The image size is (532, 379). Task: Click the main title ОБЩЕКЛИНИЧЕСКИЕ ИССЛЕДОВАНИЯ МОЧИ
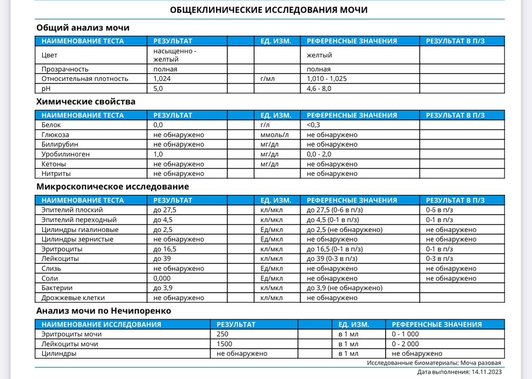coord(268,10)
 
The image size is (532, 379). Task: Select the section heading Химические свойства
coord(86,101)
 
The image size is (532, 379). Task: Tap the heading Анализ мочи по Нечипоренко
coord(104,310)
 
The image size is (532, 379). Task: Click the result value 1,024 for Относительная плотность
coord(162,79)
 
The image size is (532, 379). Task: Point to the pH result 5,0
coord(159,88)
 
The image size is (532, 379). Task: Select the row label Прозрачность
coord(65,69)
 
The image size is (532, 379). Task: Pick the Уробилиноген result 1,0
coord(158,154)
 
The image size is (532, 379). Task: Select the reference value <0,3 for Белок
coord(314,125)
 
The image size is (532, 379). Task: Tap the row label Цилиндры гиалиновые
coord(80,229)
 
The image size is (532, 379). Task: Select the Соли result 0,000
coord(162,278)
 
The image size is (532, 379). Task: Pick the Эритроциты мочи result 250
coord(222,334)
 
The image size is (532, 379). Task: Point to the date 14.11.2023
coord(486,372)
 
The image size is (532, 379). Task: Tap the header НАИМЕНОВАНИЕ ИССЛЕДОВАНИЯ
coord(101,324)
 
